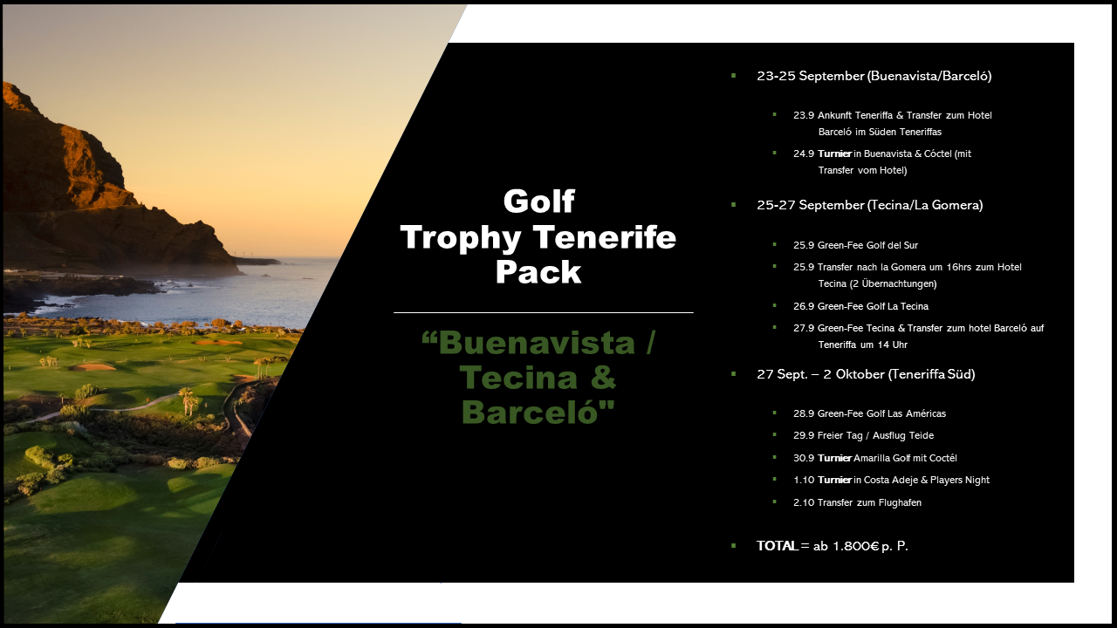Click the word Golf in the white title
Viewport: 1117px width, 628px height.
(539, 201)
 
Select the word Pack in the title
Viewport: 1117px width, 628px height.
(538, 271)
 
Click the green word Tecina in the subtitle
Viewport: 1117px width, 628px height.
(518, 378)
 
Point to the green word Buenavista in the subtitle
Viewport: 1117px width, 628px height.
(536, 343)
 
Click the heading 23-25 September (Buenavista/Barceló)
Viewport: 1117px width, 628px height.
(874, 76)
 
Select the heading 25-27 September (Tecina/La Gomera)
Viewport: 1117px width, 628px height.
(870, 205)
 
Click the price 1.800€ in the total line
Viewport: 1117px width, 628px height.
(856, 546)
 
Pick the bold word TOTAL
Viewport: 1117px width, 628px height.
(778, 546)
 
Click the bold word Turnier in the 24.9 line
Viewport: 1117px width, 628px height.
(835, 154)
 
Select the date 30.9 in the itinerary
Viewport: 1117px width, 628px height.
(804, 458)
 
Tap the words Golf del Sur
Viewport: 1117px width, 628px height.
(892, 245)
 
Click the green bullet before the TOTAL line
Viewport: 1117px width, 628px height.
(734, 546)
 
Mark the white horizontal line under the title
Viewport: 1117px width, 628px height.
(544, 312)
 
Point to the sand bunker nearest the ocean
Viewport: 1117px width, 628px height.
(218, 343)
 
